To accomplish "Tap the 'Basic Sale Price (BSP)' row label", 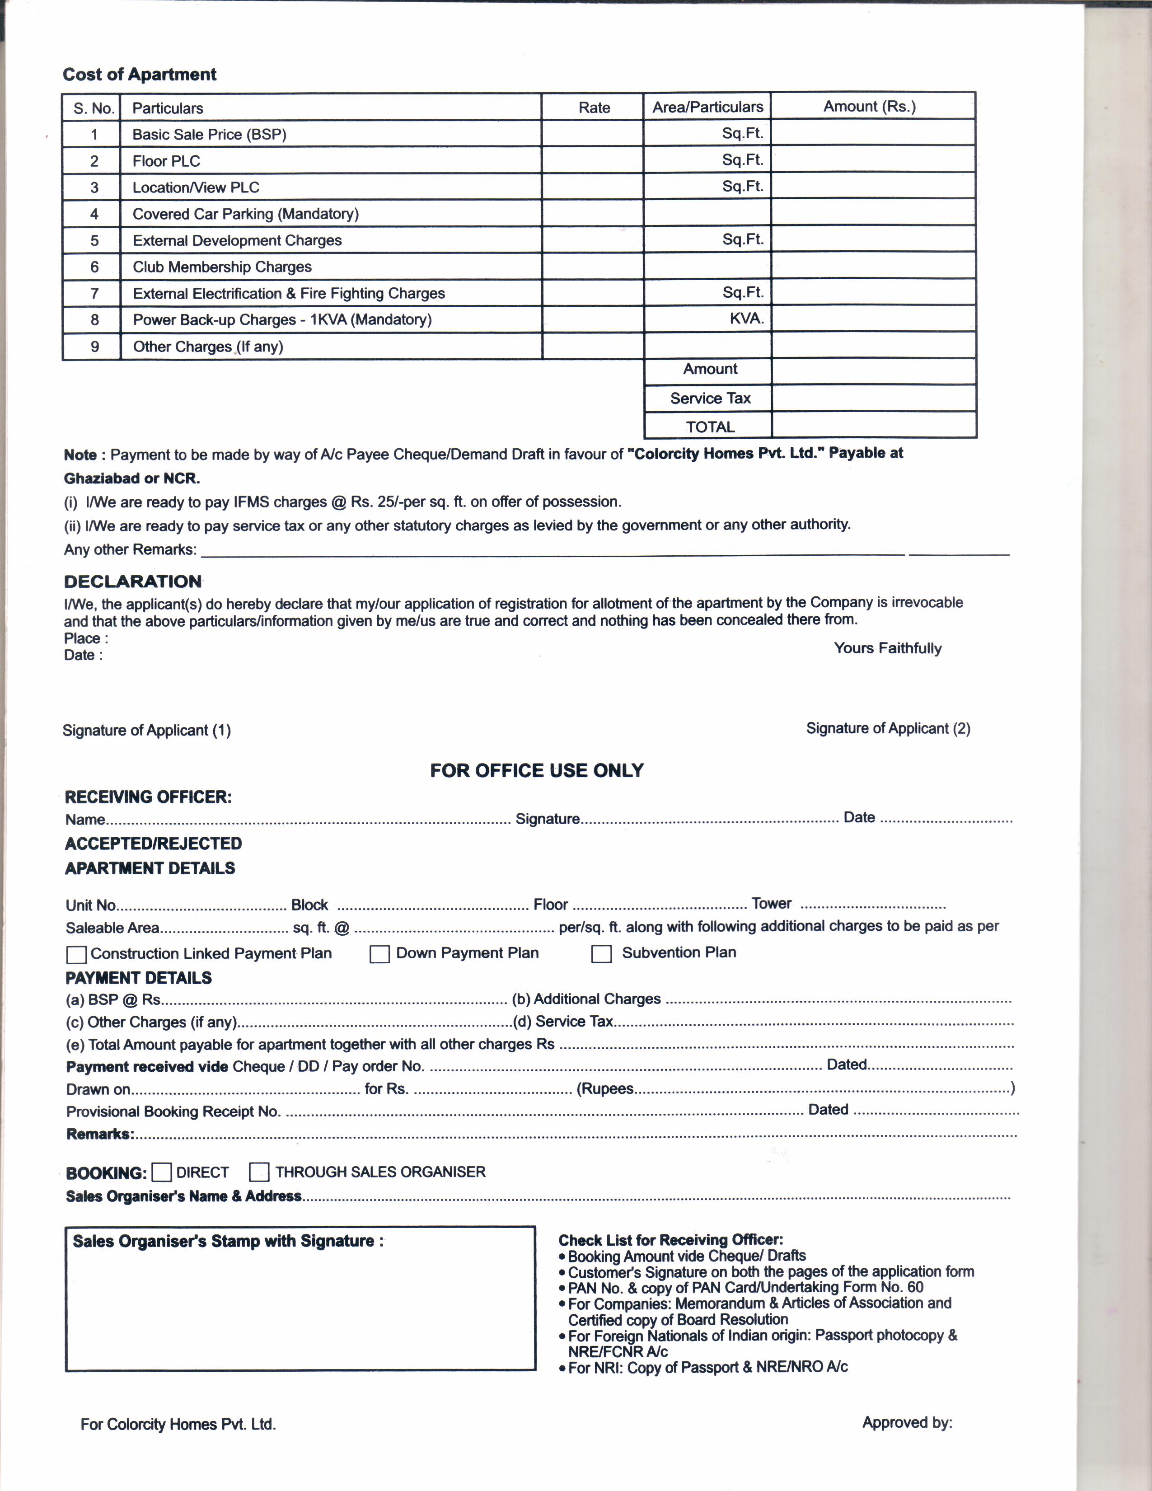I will [209, 135].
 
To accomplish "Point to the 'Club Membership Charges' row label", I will [222, 267].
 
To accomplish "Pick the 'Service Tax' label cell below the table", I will [710, 399].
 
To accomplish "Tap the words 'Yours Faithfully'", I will [887, 648].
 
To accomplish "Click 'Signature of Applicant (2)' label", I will [888, 728].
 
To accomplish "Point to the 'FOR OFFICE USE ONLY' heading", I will [536, 771].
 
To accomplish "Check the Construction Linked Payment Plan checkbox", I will [76, 954].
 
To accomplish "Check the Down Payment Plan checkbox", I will [379, 954].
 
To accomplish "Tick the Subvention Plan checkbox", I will [601, 954].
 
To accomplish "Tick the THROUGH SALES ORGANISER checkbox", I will [259, 1172].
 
